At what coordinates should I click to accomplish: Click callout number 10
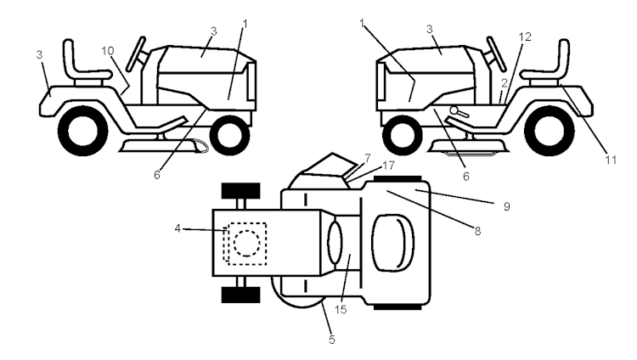point(108,51)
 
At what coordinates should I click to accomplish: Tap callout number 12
point(525,37)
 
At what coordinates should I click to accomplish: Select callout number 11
point(611,160)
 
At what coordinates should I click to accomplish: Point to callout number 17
point(388,166)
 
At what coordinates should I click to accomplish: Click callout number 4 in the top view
point(178,228)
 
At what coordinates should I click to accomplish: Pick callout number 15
point(341,310)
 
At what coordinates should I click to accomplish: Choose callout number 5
point(332,340)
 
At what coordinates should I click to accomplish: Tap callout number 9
point(506,206)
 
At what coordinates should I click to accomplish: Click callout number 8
point(477,231)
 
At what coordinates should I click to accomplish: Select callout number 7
point(367,158)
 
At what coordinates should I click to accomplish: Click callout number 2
point(505,83)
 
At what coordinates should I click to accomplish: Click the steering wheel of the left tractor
point(136,54)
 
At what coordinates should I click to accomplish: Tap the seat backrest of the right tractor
point(563,56)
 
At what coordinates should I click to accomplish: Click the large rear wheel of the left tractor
point(83,131)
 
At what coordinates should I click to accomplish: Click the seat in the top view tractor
point(393,243)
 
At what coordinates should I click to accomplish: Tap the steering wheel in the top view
point(335,243)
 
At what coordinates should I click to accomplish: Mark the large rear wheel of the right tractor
point(550,131)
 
